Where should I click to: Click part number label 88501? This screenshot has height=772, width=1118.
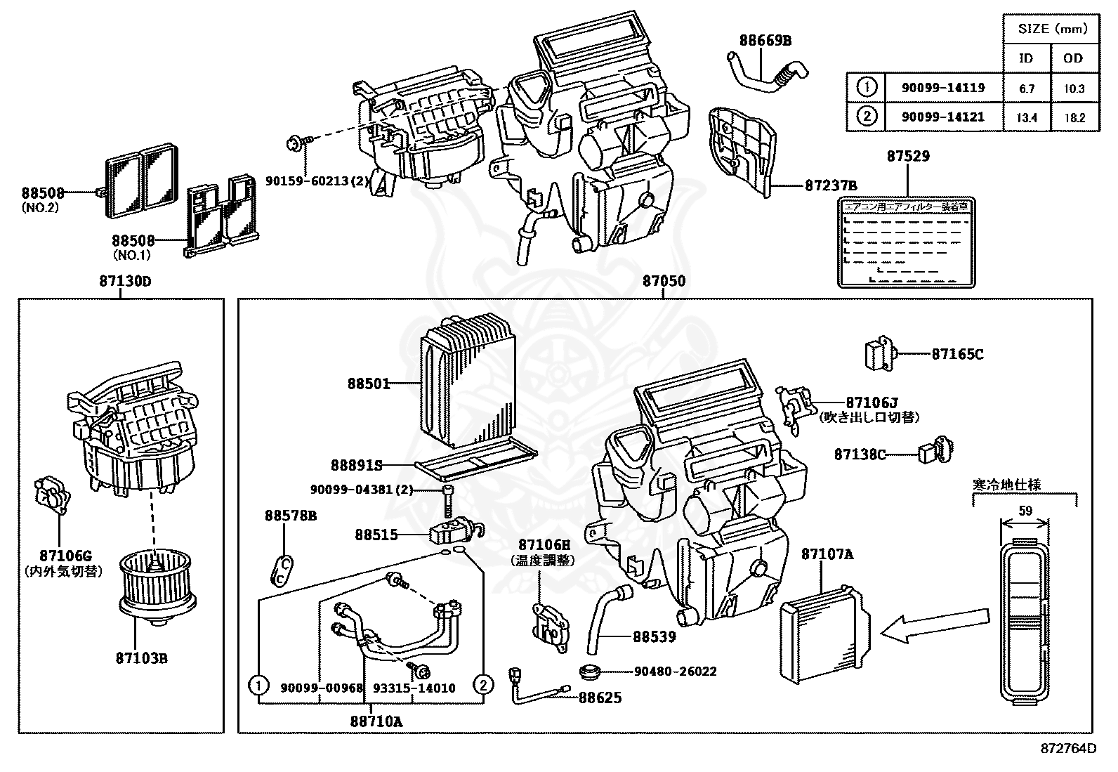(368, 384)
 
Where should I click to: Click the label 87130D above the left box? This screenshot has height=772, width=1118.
(125, 281)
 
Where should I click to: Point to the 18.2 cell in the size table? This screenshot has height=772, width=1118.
(1074, 118)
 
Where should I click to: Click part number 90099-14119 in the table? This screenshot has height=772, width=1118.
(943, 88)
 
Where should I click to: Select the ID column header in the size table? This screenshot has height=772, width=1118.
(1026, 58)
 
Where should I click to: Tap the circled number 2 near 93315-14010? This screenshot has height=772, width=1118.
(483, 684)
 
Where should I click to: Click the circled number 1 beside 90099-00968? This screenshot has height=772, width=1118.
(258, 684)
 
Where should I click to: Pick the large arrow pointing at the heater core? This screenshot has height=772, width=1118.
(912, 628)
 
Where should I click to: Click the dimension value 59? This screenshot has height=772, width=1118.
(1025, 511)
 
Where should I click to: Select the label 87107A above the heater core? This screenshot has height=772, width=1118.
(827, 554)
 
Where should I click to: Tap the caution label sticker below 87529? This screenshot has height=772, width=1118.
(907, 242)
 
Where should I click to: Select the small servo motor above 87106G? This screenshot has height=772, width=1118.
(52, 496)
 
